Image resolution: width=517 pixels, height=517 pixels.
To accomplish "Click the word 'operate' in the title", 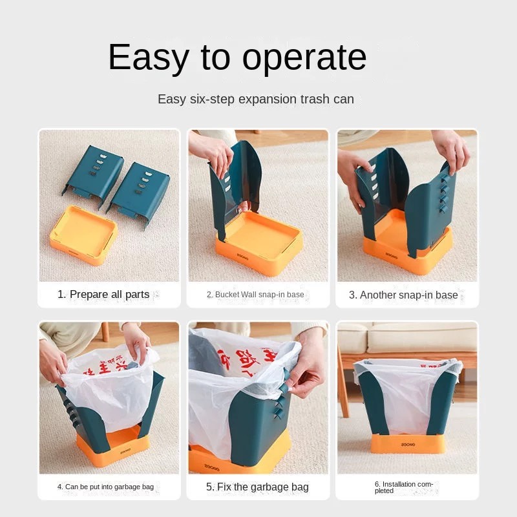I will tap(302, 58).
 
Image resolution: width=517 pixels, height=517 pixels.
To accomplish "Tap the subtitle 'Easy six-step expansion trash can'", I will tap(256, 100).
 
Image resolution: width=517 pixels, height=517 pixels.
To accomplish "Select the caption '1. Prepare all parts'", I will tap(103, 295).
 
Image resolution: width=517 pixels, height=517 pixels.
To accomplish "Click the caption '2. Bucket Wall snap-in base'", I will tap(255, 295).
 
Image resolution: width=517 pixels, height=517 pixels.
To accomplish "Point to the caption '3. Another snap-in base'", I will tap(403, 295).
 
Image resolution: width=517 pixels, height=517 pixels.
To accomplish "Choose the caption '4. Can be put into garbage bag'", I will tap(108, 487).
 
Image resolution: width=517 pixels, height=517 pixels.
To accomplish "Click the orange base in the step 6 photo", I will tap(407, 443).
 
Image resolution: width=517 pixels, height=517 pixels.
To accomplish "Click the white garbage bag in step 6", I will tap(407, 394).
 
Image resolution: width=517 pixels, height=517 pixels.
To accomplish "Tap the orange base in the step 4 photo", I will tap(113, 446).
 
